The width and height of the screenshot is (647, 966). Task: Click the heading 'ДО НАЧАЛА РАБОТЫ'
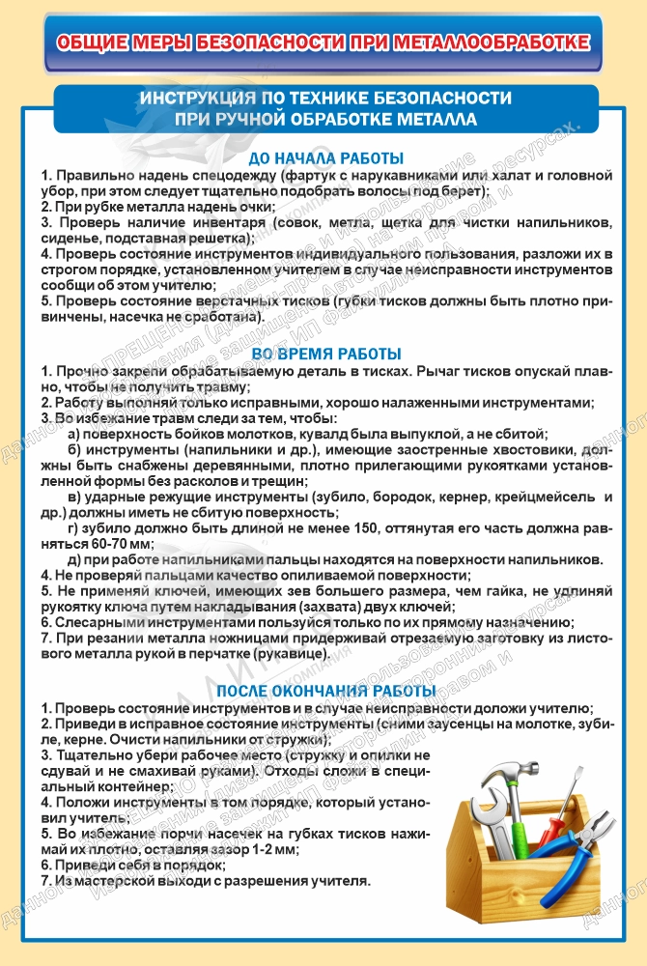325,157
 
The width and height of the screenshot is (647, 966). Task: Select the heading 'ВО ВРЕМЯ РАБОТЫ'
325,354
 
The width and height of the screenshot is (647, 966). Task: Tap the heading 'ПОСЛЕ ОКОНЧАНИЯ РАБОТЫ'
325,690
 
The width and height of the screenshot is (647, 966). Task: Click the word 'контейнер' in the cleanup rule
82,787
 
